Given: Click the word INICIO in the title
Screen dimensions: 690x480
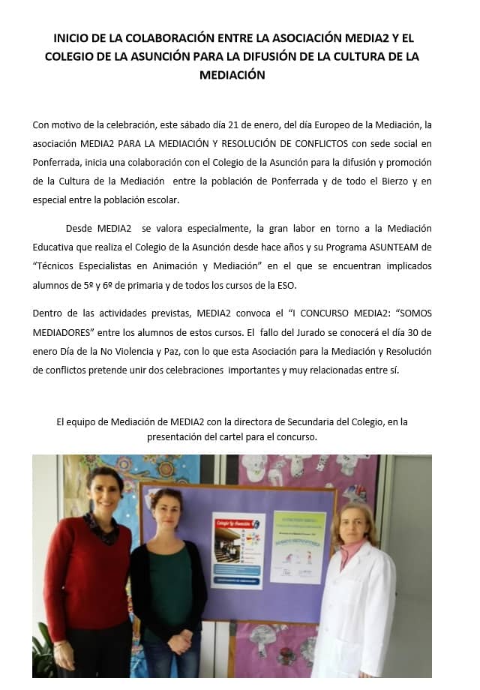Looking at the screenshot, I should [71, 37].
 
